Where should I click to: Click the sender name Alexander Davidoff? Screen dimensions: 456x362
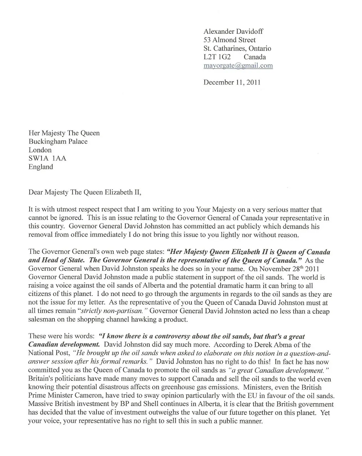(233, 32)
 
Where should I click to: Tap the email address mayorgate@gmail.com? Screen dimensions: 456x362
(238, 66)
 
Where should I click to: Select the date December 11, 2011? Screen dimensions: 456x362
(232, 82)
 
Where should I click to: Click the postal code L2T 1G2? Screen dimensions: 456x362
(217, 57)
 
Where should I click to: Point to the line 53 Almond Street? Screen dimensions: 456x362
(229, 40)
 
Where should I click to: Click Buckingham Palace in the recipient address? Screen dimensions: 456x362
(58, 142)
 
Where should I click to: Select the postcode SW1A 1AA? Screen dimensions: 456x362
(47, 158)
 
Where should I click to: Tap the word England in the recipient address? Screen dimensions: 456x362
(40, 167)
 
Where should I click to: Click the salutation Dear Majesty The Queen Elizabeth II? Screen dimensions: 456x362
(85, 192)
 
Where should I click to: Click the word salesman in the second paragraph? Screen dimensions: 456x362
(42, 319)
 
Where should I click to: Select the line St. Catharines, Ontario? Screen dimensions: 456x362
(237, 48)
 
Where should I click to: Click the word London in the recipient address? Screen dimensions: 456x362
(40, 150)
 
